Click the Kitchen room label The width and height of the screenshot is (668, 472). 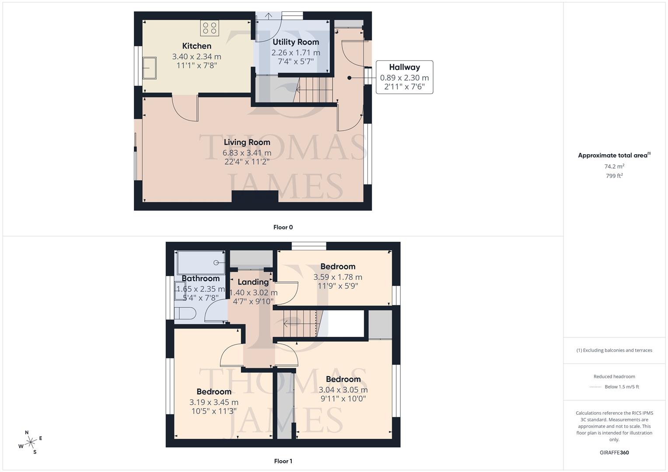coord(196,46)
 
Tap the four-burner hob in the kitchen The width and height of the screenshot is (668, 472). coord(209,28)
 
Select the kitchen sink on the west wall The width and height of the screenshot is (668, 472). coord(150,68)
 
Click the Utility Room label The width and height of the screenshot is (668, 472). coord(296,42)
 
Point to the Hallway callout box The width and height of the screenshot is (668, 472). coord(404,77)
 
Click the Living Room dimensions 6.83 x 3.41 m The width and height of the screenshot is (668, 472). coord(247,153)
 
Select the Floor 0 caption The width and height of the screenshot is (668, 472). coord(283,227)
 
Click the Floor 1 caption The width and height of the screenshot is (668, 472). coord(283,461)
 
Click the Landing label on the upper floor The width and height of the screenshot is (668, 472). coord(253,282)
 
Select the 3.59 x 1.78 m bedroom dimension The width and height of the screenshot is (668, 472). coord(338,277)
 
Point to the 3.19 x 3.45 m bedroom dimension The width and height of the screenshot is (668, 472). coord(213,402)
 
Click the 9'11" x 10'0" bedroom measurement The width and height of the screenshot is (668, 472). coord(343,399)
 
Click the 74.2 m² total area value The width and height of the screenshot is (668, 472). coord(614,167)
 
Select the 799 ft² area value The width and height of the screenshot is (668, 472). coord(614,176)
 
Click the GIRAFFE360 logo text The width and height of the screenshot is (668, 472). coord(614,452)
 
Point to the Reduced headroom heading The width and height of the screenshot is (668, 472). coord(614,376)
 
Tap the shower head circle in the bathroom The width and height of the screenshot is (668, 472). coord(216,263)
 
